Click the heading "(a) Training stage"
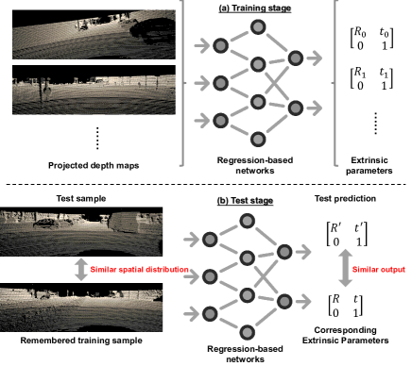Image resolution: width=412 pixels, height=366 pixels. (x=255, y=8)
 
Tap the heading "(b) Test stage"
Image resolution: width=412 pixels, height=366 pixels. (x=245, y=201)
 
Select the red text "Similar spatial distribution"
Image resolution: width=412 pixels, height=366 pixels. (x=139, y=270)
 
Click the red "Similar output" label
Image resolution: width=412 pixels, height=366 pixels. (x=379, y=270)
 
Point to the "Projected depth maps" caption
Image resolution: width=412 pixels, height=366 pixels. (x=94, y=165)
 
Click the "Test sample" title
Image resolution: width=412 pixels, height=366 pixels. (x=81, y=198)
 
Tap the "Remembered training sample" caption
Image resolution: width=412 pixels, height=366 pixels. (x=81, y=341)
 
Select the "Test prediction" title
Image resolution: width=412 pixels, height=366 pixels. (x=345, y=198)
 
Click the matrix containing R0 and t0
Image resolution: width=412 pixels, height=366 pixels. (x=371, y=38)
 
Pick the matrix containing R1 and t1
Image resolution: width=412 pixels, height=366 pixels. (x=371, y=78)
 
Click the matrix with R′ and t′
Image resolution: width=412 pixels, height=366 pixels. (x=347, y=235)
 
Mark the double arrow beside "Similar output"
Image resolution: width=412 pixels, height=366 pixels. (x=346, y=268)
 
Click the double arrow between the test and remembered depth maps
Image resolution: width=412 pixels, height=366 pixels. (x=81, y=270)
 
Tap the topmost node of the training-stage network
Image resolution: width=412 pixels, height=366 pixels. (x=258, y=27)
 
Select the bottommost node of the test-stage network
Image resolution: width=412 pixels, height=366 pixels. (x=247, y=333)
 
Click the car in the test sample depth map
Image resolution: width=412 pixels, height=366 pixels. (x=46, y=224)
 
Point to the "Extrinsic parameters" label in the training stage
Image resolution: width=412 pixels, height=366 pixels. (x=369, y=165)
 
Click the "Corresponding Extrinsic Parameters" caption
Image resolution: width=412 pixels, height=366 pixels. (x=345, y=335)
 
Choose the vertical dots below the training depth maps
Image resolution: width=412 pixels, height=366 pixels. (x=97, y=138)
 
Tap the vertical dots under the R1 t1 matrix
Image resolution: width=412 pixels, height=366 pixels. (x=375, y=124)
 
